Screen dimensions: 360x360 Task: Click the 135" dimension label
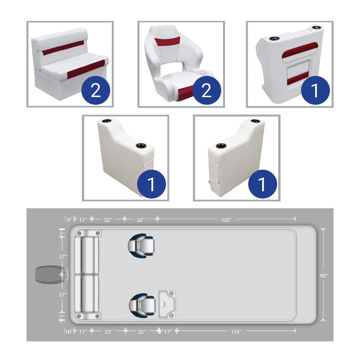pos(226,220)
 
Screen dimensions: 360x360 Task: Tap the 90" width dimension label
pos(324,276)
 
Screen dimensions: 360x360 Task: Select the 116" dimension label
pos(236,332)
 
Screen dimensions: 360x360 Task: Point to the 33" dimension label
pos(108,332)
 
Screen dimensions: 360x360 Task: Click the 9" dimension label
pos(69,220)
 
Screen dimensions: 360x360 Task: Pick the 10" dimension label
pos(69,332)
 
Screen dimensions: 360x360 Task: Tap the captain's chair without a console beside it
pos(141,245)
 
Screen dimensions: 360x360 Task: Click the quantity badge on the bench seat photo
pos(95,90)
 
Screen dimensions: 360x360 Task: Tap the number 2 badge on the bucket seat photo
pos(206,90)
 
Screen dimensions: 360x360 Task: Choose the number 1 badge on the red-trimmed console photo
pos(315,90)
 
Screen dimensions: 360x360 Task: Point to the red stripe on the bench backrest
pos(63,48)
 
